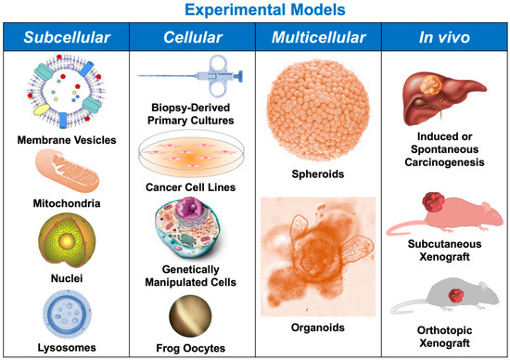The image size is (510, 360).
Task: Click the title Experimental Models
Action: point(254,12)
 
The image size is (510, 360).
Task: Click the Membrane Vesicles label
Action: point(64,140)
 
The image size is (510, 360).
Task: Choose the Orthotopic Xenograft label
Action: point(446,337)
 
